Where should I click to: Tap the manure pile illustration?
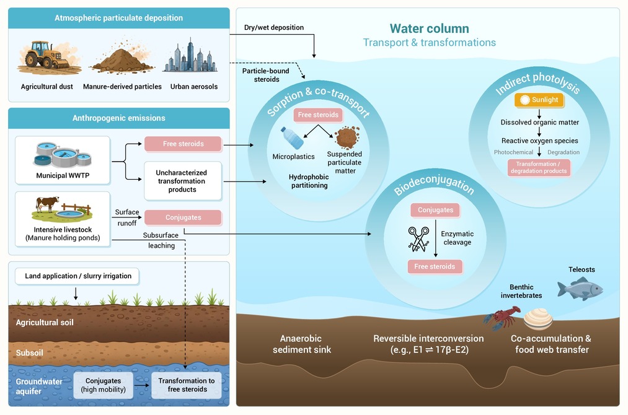click(122, 58)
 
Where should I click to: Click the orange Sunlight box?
click(539, 100)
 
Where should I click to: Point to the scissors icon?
click(418, 239)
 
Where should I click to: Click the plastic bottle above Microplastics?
click(292, 138)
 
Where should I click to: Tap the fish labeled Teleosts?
click(580, 289)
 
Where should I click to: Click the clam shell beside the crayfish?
click(538, 318)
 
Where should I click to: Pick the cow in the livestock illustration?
click(47, 204)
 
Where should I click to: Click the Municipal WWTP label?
click(63, 175)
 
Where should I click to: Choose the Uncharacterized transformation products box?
click(183, 181)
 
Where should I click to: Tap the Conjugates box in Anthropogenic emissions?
click(183, 217)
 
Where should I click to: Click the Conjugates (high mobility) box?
click(104, 385)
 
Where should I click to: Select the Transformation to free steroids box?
click(187, 385)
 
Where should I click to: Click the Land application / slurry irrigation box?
click(77, 276)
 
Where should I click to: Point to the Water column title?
click(430, 28)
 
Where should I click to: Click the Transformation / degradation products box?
click(539, 167)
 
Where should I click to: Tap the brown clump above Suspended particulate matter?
click(347, 138)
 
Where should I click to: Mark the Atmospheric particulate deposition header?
click(119, 18)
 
